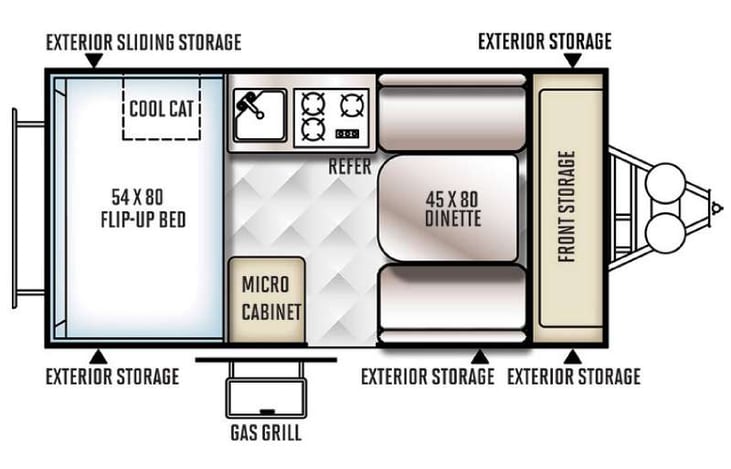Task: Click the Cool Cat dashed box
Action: (x=161, y=106)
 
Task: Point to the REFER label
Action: (x=349, y=167)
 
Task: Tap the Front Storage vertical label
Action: (x=567, y=207)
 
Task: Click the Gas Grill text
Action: (x=265, y=433)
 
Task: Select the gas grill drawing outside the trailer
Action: (x=265, y=390)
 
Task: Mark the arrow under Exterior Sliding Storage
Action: (x=93, y=61)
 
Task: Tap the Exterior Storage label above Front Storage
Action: (x=545, y=41)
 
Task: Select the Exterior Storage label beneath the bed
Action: (x=113, y=376)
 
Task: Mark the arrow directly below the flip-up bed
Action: (x=97, y=355)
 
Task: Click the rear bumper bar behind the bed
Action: (x=17, y=207)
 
